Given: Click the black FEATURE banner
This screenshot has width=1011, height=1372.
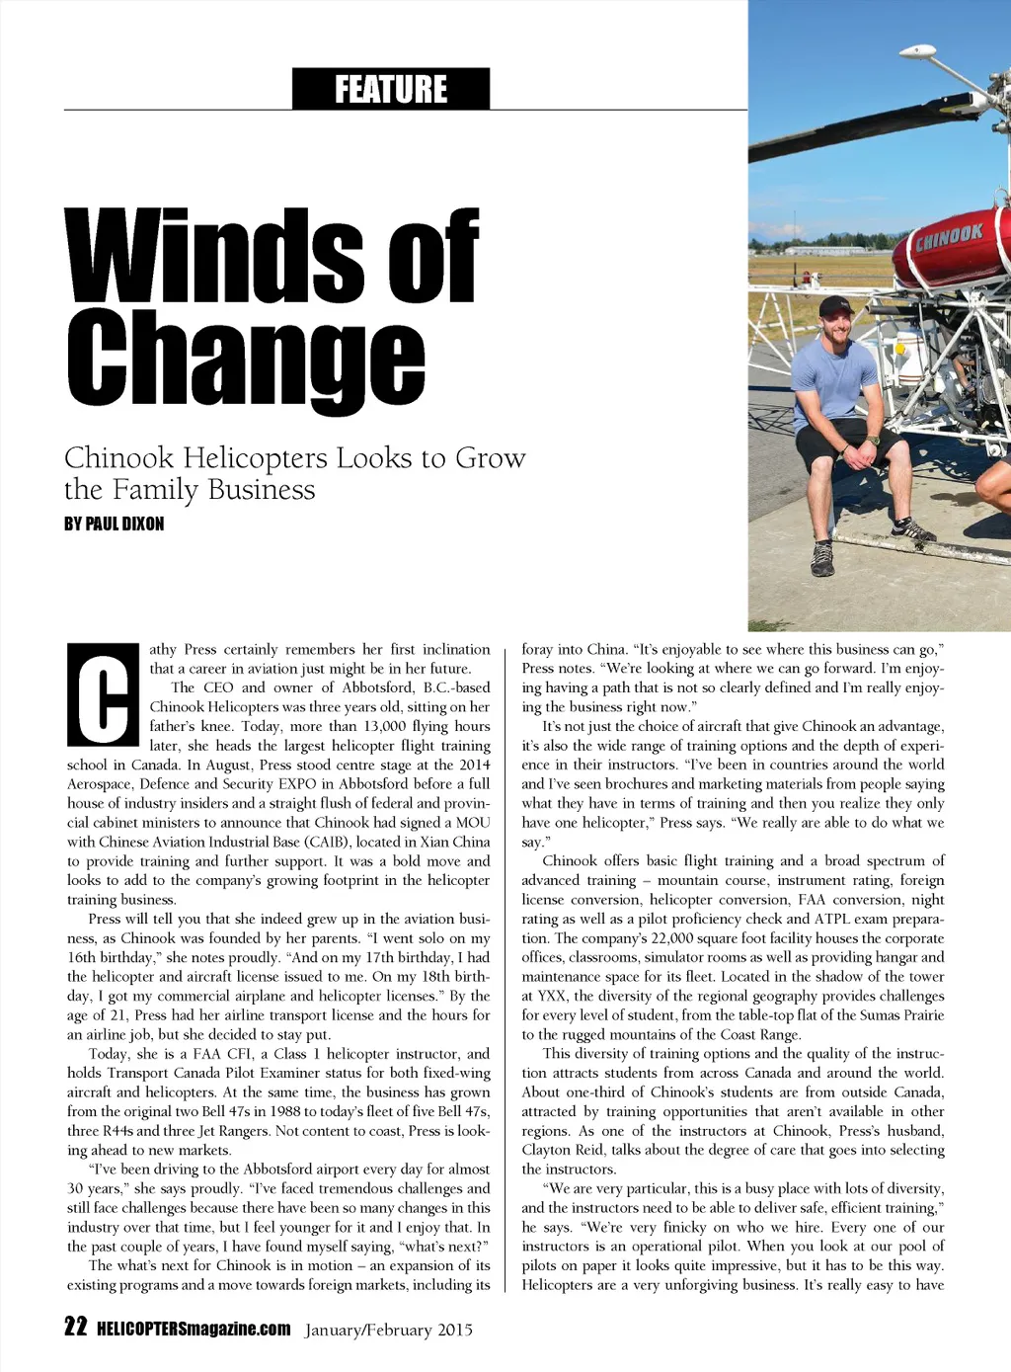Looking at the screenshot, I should click(391, 89).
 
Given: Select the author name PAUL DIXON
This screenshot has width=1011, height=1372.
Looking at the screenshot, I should click(124, 524).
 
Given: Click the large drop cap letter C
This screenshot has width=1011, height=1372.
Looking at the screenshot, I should click(103, 694).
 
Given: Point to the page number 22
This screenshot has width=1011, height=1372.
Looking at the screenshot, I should click(76, 1327).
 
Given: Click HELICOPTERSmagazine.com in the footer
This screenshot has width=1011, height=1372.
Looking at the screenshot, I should click(194, 1329).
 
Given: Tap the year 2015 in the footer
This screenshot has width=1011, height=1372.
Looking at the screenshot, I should click(455, 1330).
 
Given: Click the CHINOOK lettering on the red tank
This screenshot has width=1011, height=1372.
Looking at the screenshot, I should click(949, 237).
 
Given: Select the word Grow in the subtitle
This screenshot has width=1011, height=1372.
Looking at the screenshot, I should click(491, 458).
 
